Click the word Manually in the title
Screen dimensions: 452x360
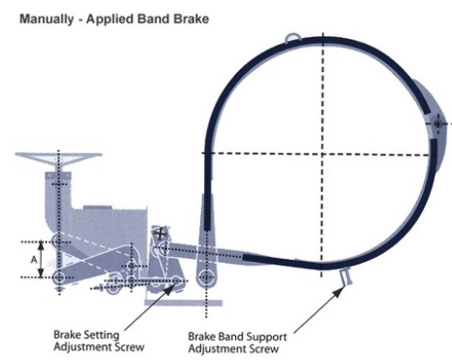coord(47,18)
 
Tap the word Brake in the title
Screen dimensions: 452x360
coord(191,18)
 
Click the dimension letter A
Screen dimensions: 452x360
coord(34,260)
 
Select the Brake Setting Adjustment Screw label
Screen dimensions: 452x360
coord(99,341)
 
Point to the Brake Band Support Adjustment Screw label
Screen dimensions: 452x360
coord(237,342)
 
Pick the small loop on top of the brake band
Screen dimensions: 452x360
coord(293,38)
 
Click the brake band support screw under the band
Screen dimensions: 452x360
coord(345,276)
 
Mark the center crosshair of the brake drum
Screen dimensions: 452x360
coord(322,154)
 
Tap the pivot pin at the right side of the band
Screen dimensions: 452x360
coord(437,124)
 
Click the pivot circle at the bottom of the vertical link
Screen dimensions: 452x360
coord(206,277)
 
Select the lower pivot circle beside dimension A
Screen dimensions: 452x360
coord(59,277)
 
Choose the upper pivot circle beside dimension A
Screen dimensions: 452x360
coord(59,240)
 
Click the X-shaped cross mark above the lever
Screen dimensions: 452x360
coord(160,234)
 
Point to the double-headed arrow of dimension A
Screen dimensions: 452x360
coord(41,260)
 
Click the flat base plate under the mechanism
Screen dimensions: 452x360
coord(184,303)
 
